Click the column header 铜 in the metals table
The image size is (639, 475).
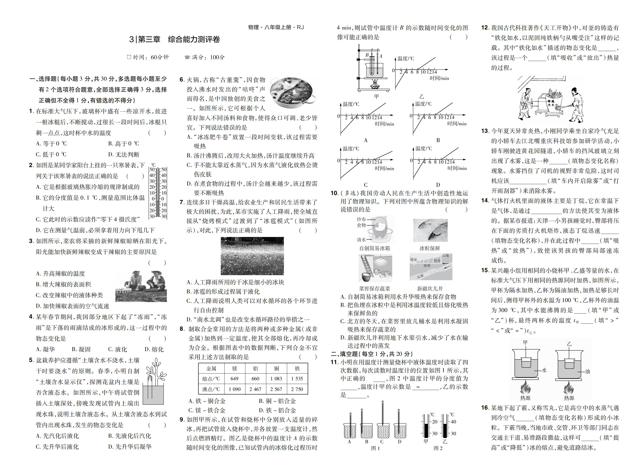(x=276, y=368)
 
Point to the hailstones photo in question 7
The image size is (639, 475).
(x=252, y=256)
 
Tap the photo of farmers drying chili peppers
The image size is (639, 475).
(x=141, y=286)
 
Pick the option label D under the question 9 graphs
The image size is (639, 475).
(x=438, y=185)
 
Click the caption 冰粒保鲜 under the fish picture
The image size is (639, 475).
(x=430, y=248)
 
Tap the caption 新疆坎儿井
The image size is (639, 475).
(x=430, y=288)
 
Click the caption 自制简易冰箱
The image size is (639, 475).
(x=374, y=248)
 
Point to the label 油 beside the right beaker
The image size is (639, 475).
(x=588, y=371)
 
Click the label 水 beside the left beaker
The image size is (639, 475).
(x=544, y=370)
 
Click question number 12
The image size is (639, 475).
(x=485, y=28)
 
